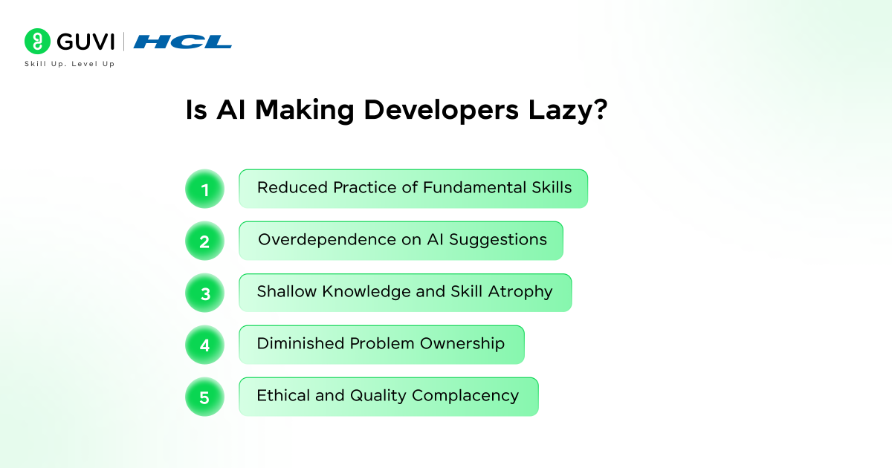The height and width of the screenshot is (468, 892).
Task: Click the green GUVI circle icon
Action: click(x=37, y=41)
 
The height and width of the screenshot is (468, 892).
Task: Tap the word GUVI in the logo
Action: click(x=85, y=42)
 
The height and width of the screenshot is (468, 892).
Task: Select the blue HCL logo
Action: click(x=182, y=42)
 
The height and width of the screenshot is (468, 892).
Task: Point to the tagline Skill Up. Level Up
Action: click(x=70, y=64)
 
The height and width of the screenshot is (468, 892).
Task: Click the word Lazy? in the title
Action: click(x=568, y=110)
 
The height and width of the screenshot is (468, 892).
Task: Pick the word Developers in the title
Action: click(x=442, y=110)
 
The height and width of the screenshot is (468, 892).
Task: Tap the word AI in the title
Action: click(x=231, y=109)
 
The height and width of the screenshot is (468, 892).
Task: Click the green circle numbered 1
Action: click(x=204, y=189)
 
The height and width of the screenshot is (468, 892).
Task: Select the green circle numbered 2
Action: click(x=204, y=241)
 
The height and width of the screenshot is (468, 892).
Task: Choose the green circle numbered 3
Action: click(x=204, y=293)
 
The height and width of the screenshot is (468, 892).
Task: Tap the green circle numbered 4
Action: click(x=204, y=345)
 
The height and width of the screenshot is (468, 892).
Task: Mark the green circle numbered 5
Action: click(x=204, y=397)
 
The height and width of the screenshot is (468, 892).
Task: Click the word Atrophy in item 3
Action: click(x=520, y=292)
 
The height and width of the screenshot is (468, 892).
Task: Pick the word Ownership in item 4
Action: click(x=462, y=344)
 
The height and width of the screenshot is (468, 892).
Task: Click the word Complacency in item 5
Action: click(x=465, y=396)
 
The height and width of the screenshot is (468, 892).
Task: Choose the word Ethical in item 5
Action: click(x=283, y=395)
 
